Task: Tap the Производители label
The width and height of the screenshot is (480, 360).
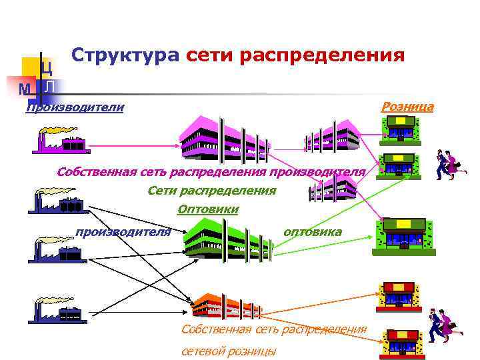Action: coord(75,107)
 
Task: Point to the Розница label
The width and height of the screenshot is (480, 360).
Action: coord(407,107)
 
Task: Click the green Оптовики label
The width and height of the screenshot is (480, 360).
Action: coord(208,210)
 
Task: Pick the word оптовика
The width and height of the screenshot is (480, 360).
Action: coord(313,232)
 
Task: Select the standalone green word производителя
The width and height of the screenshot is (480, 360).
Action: coord(123,232)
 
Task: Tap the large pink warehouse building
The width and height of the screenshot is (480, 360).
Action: coord(224,139)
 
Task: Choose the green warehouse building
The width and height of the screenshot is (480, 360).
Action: coord(227,240)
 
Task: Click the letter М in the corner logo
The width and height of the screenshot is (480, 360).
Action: coord(25,89)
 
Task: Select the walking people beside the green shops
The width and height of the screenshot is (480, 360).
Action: coord(450,165)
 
